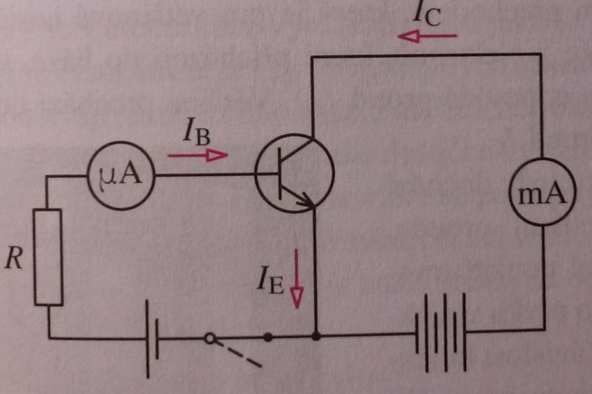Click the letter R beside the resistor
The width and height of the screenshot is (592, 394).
pos(14,259)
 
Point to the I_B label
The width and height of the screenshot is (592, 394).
pos(196,132)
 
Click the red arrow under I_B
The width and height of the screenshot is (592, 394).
pos(198,155)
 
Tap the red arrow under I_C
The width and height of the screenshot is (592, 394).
pos(427,36)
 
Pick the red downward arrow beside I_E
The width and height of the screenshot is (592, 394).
pos(297,279)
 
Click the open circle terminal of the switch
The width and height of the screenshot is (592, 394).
pos(210,338)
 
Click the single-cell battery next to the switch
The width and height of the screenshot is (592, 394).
pos(152,339)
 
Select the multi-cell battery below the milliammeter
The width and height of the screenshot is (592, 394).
pos(440,332)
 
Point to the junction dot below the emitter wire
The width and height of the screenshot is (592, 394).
pos(316,336)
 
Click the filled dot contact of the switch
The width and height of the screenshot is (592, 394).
pos(268,337)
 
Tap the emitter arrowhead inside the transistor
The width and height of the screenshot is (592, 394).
pos(307,201)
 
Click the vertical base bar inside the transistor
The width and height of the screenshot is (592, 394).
pos(280,173)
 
